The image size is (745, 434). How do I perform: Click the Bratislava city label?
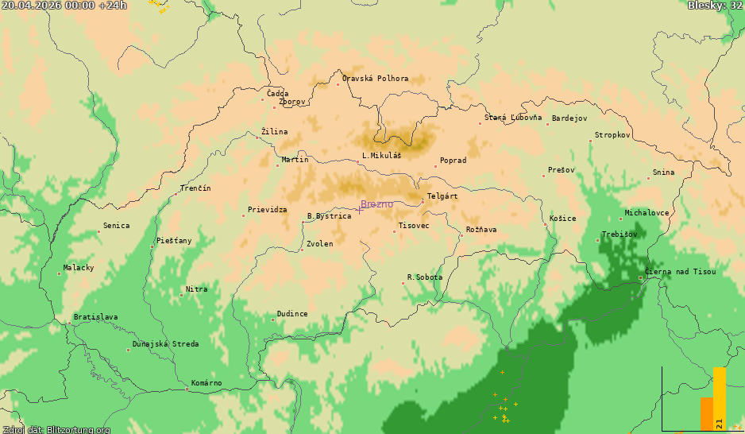coord(95,317)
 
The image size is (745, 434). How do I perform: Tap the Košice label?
coord(563,219)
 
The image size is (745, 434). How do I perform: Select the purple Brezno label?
coord(377,204)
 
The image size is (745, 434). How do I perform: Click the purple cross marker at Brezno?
coord(359,209)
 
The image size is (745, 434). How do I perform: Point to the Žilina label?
coord(275,132)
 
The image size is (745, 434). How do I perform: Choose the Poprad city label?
coord(453,161)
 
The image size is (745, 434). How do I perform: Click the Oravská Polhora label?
coord(375,79)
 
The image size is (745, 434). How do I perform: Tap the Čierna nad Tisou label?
coord(681,272)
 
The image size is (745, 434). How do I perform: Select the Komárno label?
coord(207,383)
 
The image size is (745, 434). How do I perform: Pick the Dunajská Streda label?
coord(165,344)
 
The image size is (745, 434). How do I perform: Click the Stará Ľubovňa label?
coord(513,118)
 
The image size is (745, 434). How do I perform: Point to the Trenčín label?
coord(195,188)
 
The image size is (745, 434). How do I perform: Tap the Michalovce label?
coord(647,213)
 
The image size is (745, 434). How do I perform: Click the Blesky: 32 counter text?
coord(715,6)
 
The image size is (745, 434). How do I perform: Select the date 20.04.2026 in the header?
coord(32,6)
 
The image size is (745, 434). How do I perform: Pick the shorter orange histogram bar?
coord(706,413)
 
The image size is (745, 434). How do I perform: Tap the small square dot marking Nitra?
coord(181,295)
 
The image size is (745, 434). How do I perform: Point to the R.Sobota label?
coord(425,277)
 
